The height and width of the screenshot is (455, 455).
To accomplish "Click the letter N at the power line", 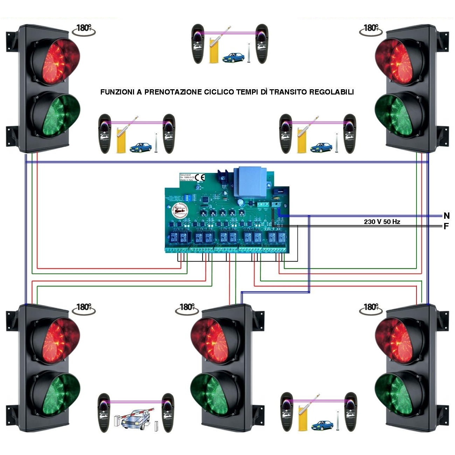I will pos(446,216).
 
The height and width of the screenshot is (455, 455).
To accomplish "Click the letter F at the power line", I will pos(446,226).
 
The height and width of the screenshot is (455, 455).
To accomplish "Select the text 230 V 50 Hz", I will pos(382,222).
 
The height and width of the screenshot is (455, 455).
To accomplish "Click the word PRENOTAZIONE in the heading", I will pos(173,92).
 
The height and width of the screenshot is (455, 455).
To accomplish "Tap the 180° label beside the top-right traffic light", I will pos(370,28).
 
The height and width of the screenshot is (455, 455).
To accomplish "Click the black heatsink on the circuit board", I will pos(223,177).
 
